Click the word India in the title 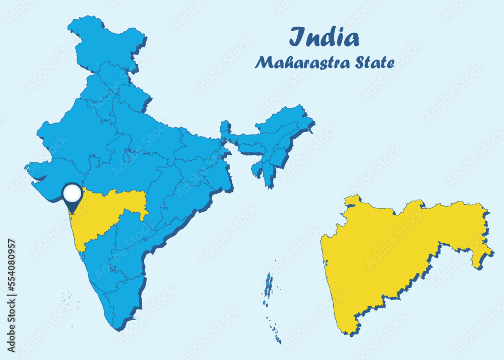pyautogui.click(x=325, y=38)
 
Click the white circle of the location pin pyautogui.click(x=72, y=193)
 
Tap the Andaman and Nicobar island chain pyautogui.click(x=269, y=303)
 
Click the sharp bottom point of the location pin pyautogui.click(x=72, y=212)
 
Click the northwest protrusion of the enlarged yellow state pyautogui.click(x=353, y=199)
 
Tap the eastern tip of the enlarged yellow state pyautogui.click(x=491, y=252)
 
